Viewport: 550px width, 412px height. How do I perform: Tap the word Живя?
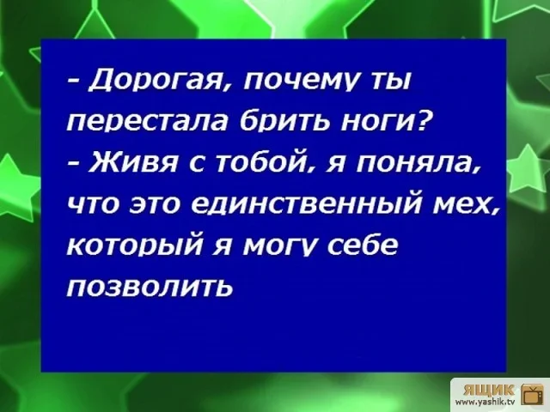(x=137, y=163)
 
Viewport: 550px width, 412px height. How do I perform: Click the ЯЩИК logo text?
(x=488, y=388)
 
